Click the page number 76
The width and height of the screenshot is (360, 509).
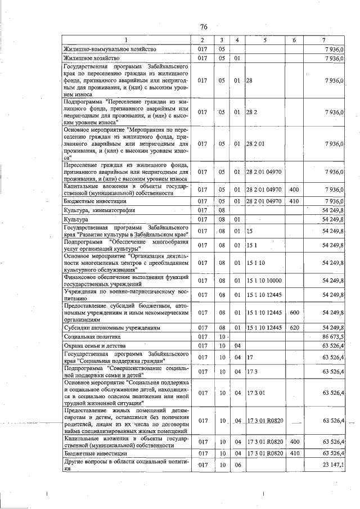(x=204, y=26)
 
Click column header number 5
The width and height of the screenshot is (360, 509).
(x=263, y=40)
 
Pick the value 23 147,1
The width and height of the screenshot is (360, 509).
(x=333, y=465)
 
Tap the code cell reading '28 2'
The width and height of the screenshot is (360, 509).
(x=252, y=112)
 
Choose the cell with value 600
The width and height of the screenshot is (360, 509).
(x=294, y=312)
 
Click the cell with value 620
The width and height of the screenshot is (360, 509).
(x=294, y=327)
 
